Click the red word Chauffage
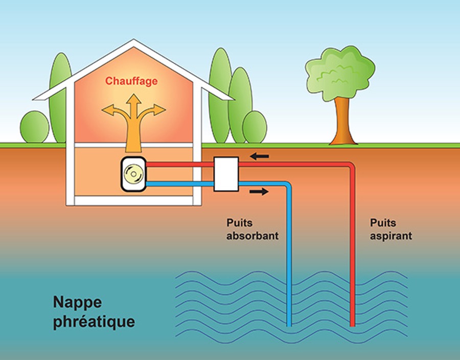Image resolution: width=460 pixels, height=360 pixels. [131, 81]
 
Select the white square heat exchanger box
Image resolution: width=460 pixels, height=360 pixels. [226, 174]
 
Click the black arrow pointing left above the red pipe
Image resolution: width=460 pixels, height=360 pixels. [260, 155]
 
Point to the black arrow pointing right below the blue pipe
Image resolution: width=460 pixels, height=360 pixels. [259, 192]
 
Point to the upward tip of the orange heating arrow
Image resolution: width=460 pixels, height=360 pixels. [133, 95]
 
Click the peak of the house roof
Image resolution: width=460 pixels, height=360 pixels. [133, 41]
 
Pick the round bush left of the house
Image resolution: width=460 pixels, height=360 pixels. [35, 127]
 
